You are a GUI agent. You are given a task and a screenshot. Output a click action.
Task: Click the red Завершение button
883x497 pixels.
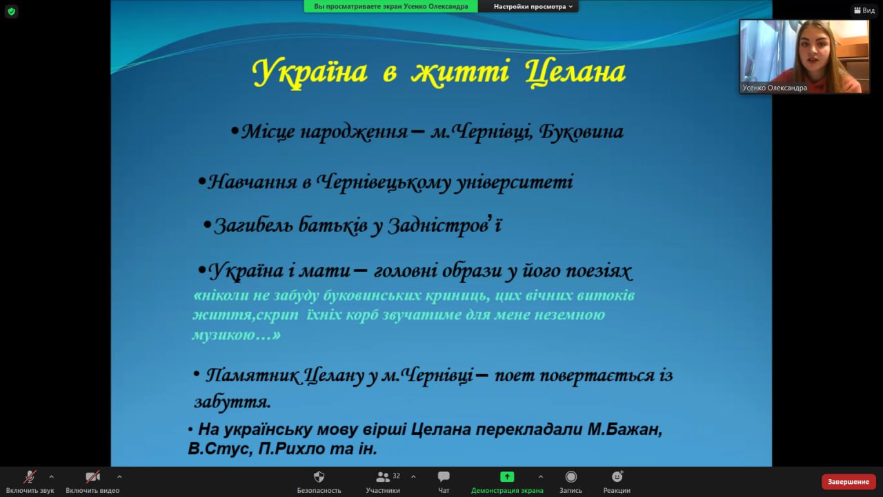[849, 482]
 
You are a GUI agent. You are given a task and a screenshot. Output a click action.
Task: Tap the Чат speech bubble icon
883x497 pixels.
[444, 476]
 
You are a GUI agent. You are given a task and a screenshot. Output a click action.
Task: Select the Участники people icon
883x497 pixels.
[382, 477]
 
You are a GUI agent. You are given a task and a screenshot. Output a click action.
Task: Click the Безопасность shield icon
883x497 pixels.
[319, 477]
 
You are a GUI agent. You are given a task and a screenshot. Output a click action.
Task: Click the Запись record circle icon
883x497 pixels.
[571, 477]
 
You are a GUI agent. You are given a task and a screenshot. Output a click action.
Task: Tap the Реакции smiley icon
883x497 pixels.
[617, 476]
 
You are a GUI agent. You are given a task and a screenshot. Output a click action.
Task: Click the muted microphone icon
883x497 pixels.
[30, 477]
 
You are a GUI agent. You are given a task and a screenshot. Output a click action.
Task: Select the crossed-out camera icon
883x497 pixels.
[92, 477]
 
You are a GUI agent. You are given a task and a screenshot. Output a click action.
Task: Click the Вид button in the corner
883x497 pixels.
[864, 10]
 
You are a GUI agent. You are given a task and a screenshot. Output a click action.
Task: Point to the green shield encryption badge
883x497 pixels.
[12, 12]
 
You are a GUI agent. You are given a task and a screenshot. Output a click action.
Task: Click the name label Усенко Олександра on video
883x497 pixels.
[775, 88]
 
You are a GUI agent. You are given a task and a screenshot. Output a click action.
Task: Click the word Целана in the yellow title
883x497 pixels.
[575, 72]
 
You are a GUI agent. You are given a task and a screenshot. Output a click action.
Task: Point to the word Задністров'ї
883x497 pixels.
[445, 226]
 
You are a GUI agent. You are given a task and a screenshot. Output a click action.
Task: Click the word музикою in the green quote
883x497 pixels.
[224, 335]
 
